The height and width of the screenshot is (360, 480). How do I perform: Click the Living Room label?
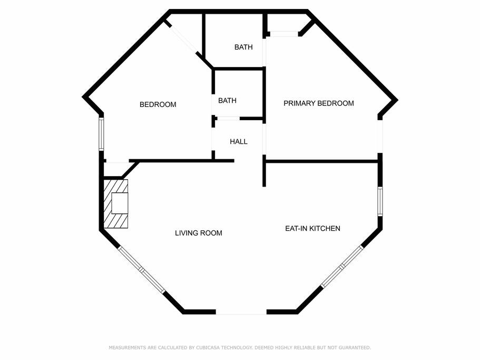coord(198,233)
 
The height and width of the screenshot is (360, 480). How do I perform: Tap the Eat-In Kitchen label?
coord(312,228)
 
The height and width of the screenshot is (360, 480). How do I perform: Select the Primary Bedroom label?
coord(319,103)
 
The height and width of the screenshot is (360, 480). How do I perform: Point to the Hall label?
coord(239,141)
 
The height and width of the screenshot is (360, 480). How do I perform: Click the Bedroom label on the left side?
coord(158,104)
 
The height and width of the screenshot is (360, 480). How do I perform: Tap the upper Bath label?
coord(243,47)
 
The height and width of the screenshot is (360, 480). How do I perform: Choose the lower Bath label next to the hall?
coord(227,100)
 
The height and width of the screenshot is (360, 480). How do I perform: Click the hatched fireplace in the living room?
coord(116,204)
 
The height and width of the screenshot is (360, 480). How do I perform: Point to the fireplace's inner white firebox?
coord(120,203)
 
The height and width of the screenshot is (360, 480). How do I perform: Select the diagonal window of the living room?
coord(142,270)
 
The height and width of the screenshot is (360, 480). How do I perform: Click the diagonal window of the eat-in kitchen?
coord(341,267)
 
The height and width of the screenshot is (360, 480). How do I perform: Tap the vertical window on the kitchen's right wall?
coord(380,201)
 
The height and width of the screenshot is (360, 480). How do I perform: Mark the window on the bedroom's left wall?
coord(101,134)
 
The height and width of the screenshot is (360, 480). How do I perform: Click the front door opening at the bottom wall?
coord(241,312)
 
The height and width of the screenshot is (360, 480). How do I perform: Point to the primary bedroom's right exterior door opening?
coord(380,136)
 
